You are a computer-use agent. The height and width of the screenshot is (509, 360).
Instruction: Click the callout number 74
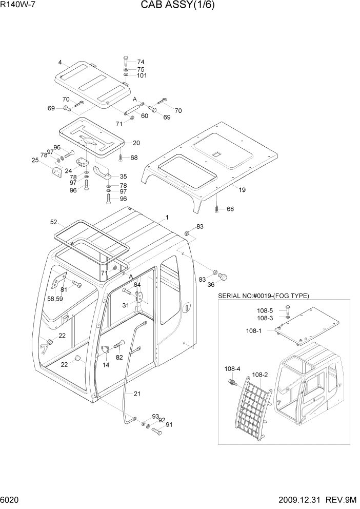point(141,62)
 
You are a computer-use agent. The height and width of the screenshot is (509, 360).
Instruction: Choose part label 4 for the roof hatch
point(60,63)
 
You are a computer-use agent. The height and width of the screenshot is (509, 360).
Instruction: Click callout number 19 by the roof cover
point(242,190)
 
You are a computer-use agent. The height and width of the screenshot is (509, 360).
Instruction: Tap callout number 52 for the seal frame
point(53,222)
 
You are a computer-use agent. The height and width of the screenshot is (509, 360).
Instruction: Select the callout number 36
point(211,285)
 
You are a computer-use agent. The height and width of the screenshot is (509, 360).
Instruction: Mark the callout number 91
point(169,424)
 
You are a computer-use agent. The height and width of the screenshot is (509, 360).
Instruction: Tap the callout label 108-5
point(265,310)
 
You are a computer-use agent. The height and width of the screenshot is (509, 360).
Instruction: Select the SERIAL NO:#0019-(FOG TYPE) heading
point(264,296)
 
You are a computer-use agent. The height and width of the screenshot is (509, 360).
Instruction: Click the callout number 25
point(35,160)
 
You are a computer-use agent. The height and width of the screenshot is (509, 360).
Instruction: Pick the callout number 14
point(106,365)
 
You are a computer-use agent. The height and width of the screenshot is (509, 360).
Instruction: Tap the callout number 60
point(145,116)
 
